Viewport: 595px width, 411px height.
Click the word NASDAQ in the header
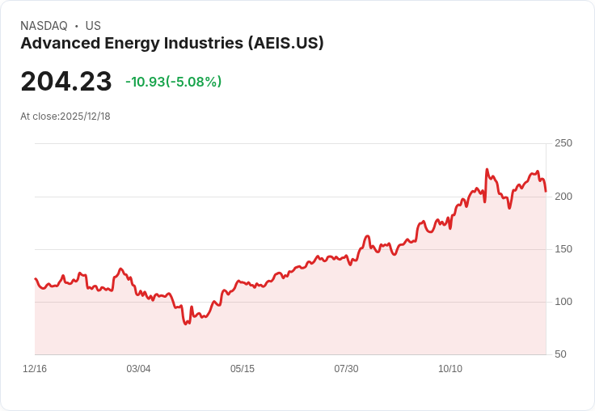[44, 26]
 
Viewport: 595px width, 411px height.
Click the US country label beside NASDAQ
[93, 26]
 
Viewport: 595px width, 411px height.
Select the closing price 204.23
[66, 82]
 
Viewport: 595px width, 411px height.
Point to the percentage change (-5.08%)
[194, 82]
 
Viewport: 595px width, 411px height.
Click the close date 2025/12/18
[85, 117]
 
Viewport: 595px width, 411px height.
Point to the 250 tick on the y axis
[563, 143]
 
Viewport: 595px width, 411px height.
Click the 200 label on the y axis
[563, 196]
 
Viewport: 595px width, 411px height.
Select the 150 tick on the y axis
[563, 248]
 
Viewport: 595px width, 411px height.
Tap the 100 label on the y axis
[563, 301]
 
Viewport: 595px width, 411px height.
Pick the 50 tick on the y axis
[560, 354]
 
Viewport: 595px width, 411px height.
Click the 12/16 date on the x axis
[35, 369]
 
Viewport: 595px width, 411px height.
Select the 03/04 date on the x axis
[138, 369]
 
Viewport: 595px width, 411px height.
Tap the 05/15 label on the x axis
[243, 369]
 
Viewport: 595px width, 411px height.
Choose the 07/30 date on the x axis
[346, 369]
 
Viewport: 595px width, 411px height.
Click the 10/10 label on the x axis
[450, 369]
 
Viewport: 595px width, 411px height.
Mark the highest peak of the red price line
[487, 170]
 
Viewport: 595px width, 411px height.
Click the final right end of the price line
[546, 191]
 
